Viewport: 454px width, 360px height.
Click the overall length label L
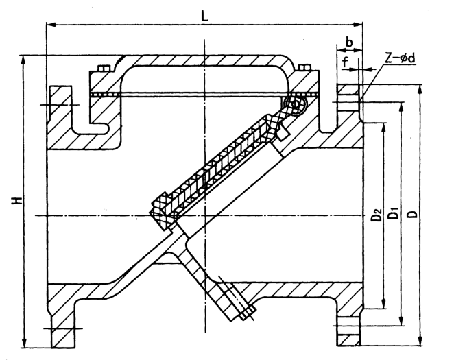[205, 16]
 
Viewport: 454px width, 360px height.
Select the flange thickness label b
[349, 43]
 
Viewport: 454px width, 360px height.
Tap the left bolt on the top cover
[103, 69]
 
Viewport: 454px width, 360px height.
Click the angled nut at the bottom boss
[245, 315]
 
